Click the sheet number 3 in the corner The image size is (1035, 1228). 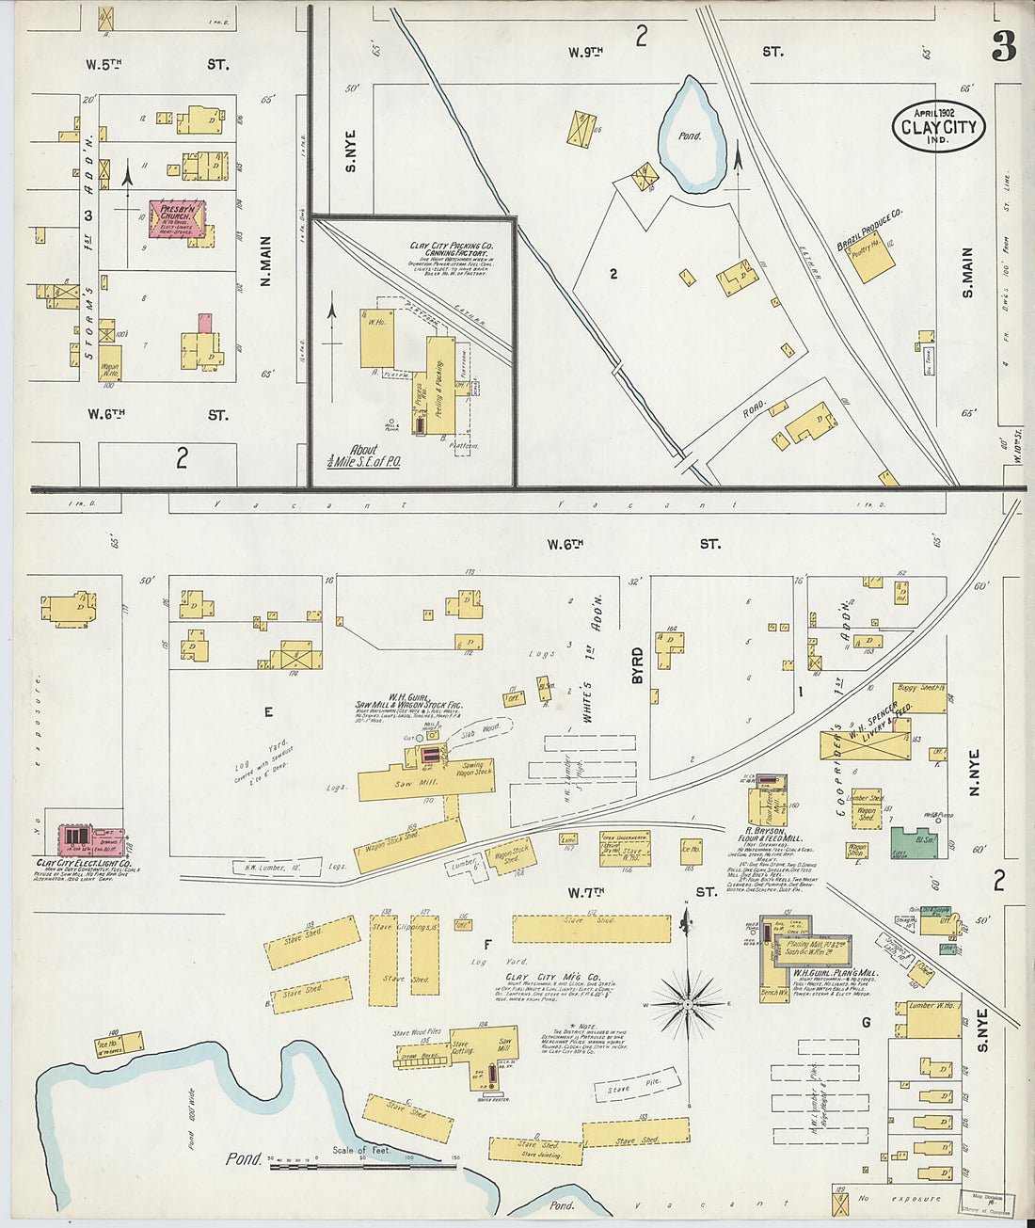pos(1003,46)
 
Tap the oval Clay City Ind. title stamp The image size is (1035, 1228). pos(938,127)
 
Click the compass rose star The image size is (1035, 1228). pos(688,1005)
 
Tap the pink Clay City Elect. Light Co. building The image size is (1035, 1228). pos(90,837)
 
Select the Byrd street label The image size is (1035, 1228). pos(638,664)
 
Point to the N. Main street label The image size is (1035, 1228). pos(266,261)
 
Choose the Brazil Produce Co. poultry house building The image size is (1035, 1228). pos(871,257)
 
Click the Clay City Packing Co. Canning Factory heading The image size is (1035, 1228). pos(451,249)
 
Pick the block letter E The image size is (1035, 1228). pos(267,712)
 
